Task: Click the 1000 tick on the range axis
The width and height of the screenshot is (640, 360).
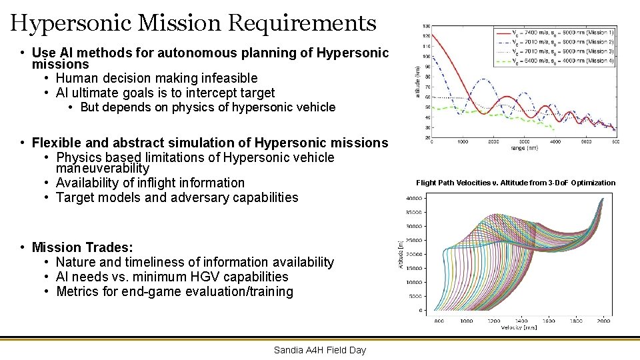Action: (x=463, y=141)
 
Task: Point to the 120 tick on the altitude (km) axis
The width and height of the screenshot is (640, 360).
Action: (x=426, y=35)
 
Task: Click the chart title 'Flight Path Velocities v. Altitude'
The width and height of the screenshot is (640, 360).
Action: (x=515, y=183)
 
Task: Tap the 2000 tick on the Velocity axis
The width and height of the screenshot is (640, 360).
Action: (x=603, y=321)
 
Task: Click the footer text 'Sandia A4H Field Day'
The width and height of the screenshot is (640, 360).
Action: (x=320, y=350)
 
